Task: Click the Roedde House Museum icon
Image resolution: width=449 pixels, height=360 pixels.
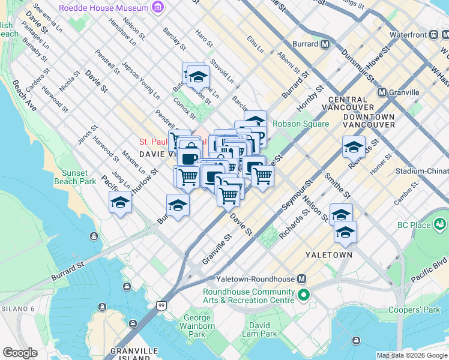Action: [x=158, y=8]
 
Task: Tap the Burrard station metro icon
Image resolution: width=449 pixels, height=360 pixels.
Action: [x=325, y=44]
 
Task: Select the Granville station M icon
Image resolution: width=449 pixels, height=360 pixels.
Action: [x=382, y=92]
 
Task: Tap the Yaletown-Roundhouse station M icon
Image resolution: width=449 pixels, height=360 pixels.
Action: [x=302, y=280]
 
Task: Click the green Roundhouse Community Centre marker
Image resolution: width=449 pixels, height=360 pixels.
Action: [x=304, y=295]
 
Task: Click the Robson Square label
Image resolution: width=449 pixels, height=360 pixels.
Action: [x=301, y=124]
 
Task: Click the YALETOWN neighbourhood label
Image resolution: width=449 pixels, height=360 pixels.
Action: [x=328, y=255]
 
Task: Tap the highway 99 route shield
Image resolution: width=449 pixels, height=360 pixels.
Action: [x=161, y=306]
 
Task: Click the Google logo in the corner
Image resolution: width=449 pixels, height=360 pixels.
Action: [x=20, y=353]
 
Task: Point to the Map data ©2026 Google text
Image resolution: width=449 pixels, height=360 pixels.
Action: [x=411, y=355]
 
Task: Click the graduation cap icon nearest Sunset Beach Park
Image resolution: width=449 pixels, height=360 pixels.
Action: [x=121, y=203]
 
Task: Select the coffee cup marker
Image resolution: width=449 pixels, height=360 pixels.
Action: [x=188, y=158]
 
